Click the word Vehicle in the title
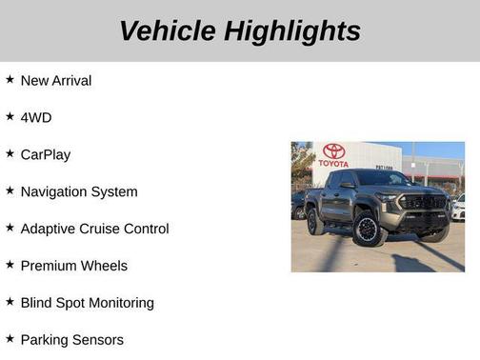coord(168,31)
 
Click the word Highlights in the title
coord(293,31)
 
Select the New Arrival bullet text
coord(56,81)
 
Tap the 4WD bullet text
coord(36,117)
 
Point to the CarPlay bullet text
coord(45,154)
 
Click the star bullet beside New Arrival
coord(10,80)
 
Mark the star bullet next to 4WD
coord(10,116)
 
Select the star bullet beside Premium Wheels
coord(10,265)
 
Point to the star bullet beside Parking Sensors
coord(10,339)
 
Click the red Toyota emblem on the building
coord(333,151)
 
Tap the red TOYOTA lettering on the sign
coord(333,164)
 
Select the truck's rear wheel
coord(315,222)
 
